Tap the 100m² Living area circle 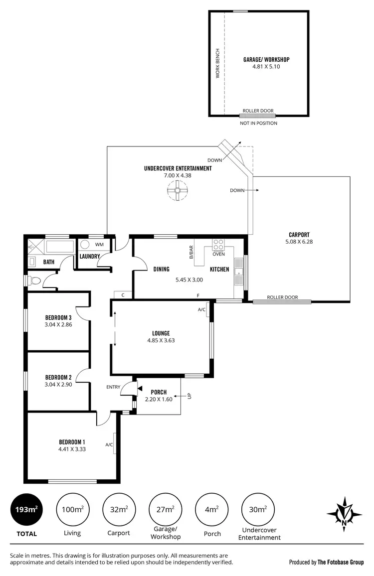click(73, 509)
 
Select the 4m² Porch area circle click(212, 509)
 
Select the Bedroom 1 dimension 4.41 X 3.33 click(72, 449)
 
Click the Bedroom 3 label click(58, 317)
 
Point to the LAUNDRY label click(90, 257)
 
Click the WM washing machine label click(99, 244)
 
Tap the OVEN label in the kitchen click(219, 254)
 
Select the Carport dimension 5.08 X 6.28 click(299, 242)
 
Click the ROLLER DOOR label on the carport click(282, 297)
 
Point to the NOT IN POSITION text click(258, 123)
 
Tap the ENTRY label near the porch click(113, 387)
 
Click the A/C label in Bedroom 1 click(109, 444)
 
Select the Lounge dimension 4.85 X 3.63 click(161, 341)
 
